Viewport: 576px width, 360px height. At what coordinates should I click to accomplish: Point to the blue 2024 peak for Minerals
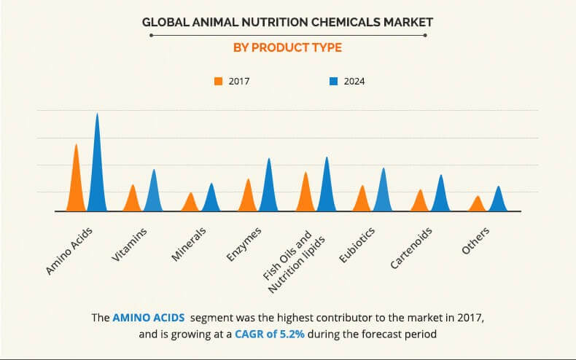[x=211, y=199]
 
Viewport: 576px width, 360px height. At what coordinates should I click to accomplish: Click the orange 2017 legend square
[x=218, y=81]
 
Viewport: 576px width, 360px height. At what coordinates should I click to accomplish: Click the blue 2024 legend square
[x=333, y=81]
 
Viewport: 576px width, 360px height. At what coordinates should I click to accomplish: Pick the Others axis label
[x=475, y=240]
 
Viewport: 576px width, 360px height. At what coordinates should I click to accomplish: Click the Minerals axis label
[x=189, y=244]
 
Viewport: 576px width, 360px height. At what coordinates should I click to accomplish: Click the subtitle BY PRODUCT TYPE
[x=287, y=48]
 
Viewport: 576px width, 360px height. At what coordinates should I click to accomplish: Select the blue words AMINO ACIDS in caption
[x=144, y=318]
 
